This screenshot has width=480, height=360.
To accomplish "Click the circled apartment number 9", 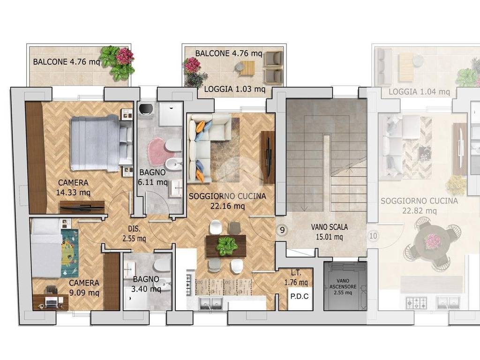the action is click(x=282, y=230).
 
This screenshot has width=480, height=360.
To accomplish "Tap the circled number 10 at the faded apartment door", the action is click(x=373, y=236).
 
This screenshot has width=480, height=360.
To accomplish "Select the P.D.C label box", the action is click(x=300, y=296).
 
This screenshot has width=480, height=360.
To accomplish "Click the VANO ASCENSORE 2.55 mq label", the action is click(x=343, y=286).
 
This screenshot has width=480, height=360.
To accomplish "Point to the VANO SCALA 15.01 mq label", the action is click(x=330, y=232).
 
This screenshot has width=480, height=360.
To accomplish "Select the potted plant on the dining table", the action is click(x=226, y=245).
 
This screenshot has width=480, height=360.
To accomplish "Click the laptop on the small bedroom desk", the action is click(x=51, y=302).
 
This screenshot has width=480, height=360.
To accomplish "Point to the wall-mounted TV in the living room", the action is click(x=268, y=157).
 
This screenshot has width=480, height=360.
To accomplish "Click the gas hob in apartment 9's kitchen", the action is click(x=189, y=285).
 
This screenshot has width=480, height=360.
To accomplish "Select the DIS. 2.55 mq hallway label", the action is click(x=134, y=233).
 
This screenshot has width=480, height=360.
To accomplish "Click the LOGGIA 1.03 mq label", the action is click(x=234, y=89).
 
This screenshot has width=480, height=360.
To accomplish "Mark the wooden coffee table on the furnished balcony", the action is click(x=247, y=67).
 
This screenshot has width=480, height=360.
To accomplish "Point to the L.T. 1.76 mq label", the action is click(x=296, y=278).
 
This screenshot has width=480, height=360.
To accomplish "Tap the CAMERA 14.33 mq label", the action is click(x=73, y=187).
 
